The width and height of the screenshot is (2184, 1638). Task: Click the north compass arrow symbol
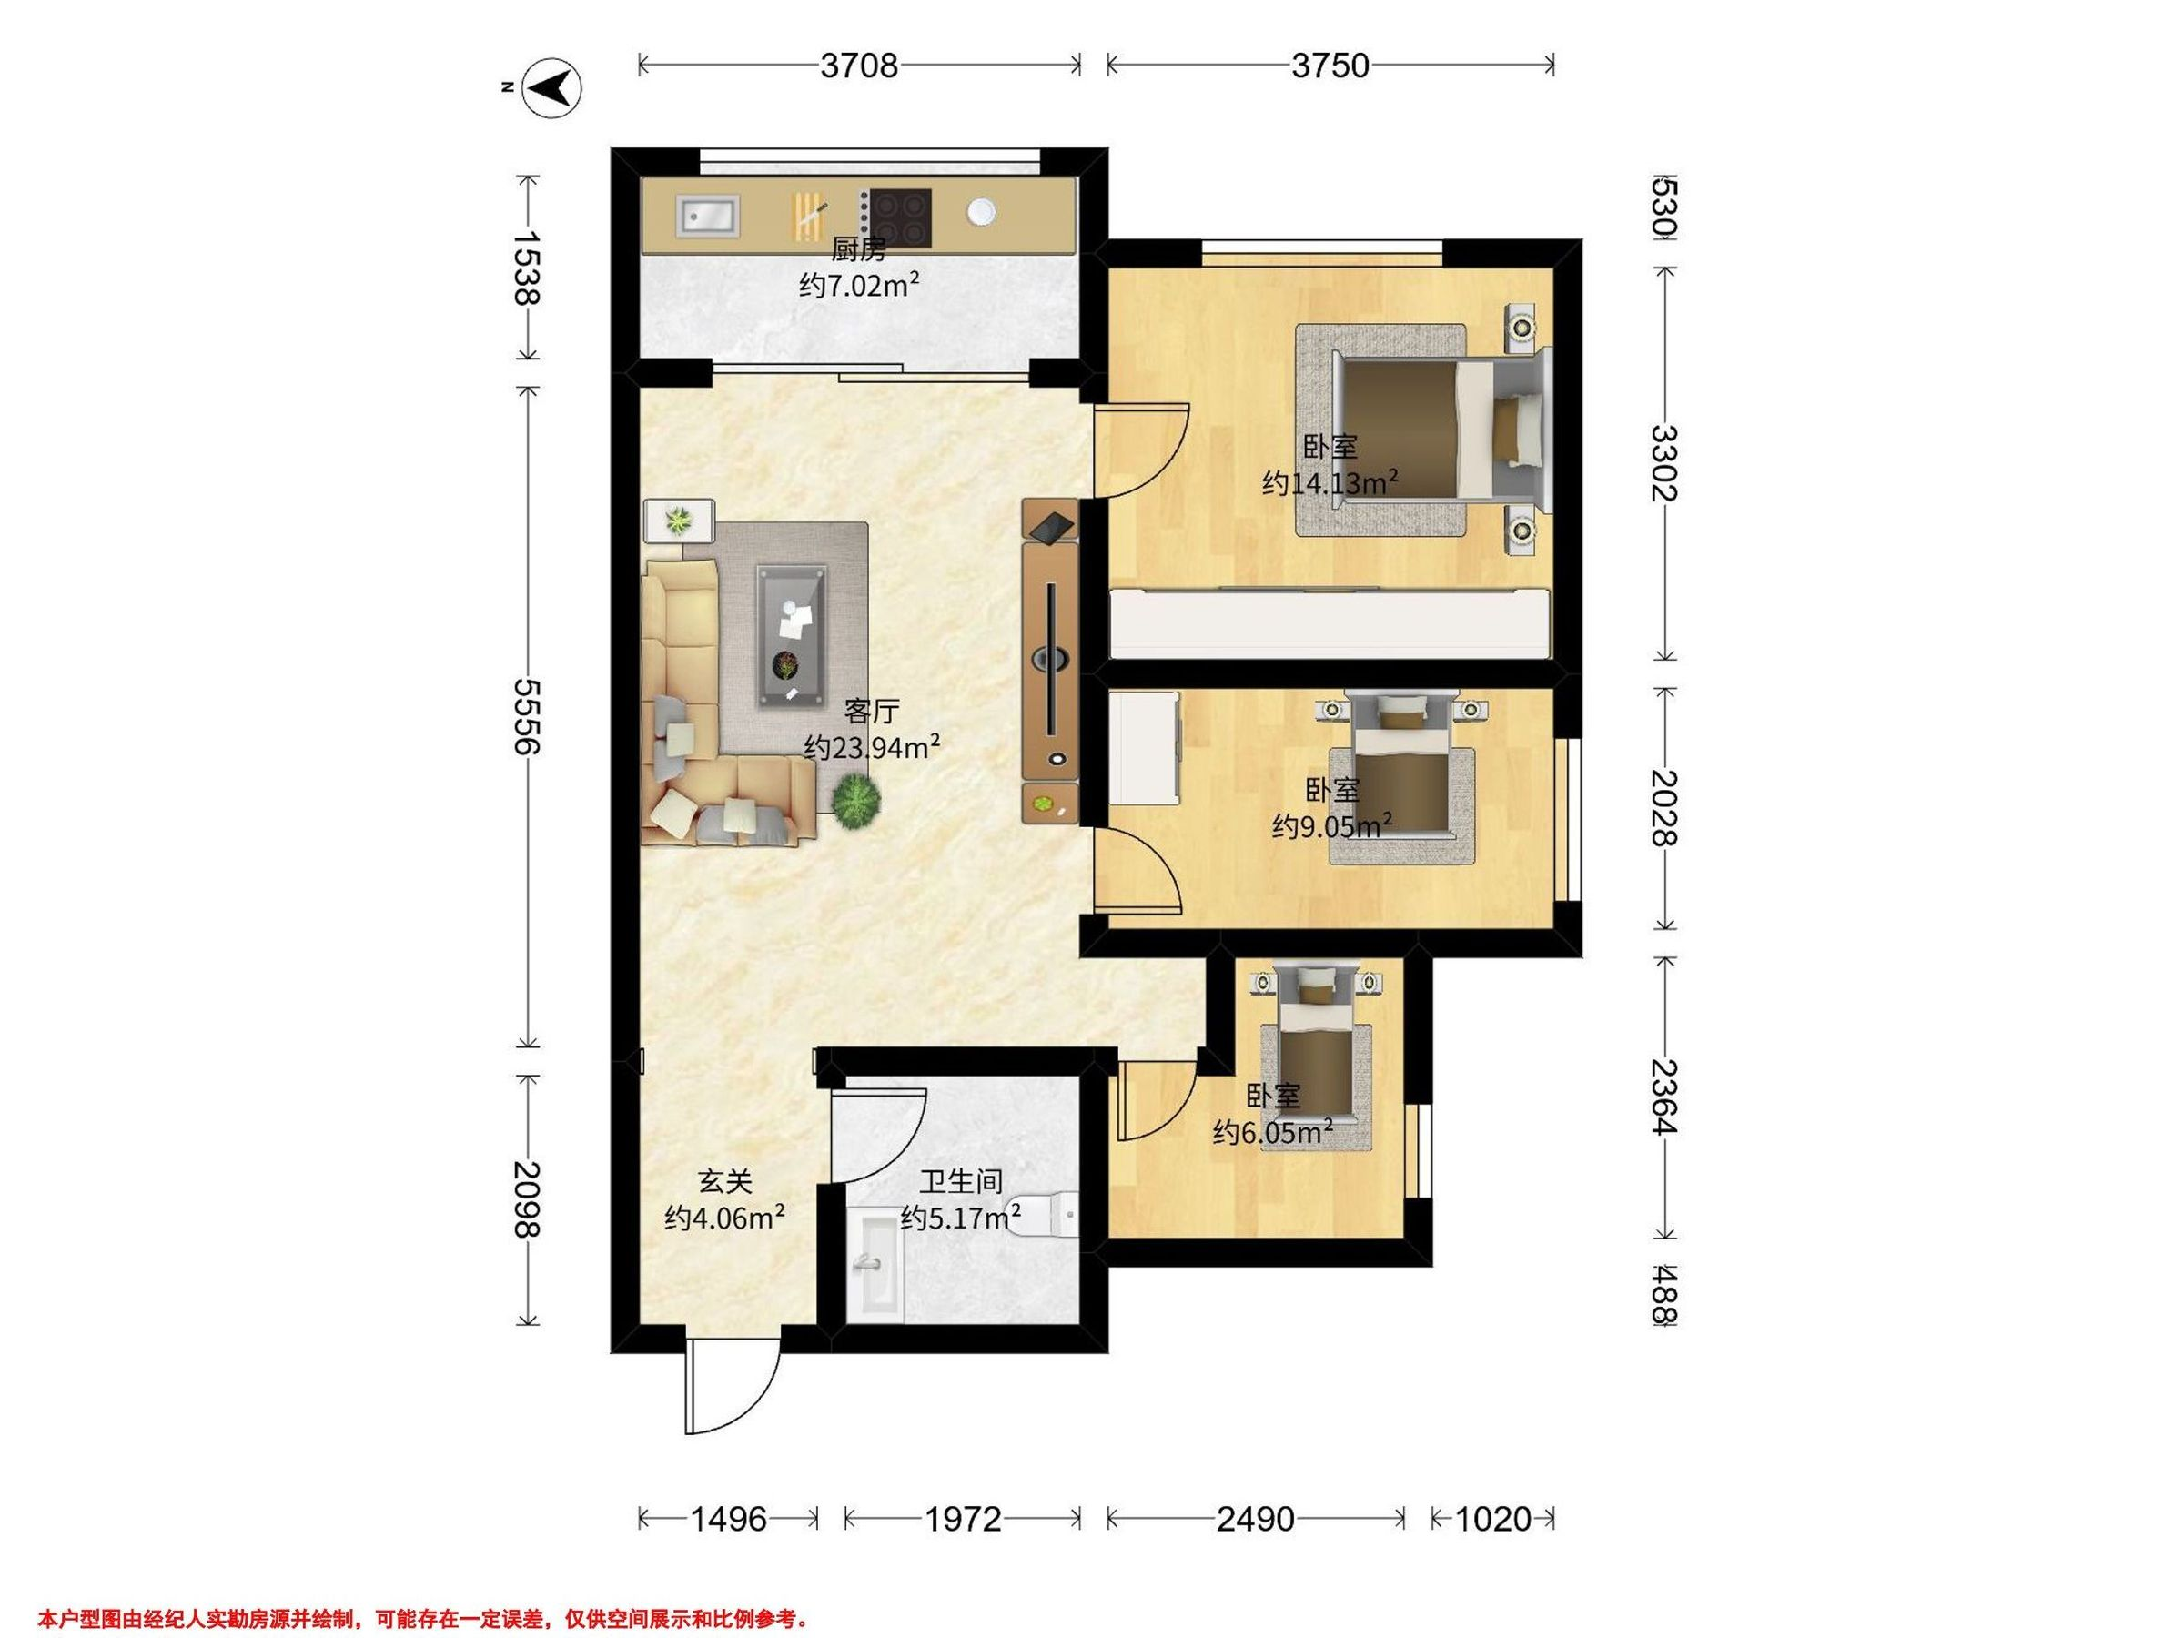pyautogui.click(x=551, y=89)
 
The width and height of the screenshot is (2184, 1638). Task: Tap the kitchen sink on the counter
pyautogui.click(x=707, y=216)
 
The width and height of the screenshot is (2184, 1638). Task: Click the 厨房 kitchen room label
pyautogui.click(x=858, y=248)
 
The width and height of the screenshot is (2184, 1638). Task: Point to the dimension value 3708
pyautogui.click(x=859, y=66)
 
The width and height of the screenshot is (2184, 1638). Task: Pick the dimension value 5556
pyautogui.click(x=526, y=716)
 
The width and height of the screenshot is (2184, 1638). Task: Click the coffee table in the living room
pyautogui.click(x=791, y=636)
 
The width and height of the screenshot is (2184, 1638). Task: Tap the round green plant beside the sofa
pyautogui.click(x=855, y=800)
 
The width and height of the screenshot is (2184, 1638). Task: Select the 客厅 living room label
pyautogui.click(x=872, y=711)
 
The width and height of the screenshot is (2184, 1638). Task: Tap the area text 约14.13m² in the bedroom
pyautogui.click(x=1329, y=483)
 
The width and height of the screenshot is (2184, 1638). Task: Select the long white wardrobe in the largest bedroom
pyautogui.click(x=1329, y=622)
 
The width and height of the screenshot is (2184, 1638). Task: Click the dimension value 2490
pyautogui.click(x=1255, y=1519)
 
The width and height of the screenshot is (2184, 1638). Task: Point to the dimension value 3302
pyautogui.click(x=1663, y=462)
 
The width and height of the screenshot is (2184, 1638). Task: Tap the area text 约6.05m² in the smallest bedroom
pyautogui.click(x=1273, y=1132)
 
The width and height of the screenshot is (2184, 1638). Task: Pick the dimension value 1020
pyautogui.click(x=1494, y=1519)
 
